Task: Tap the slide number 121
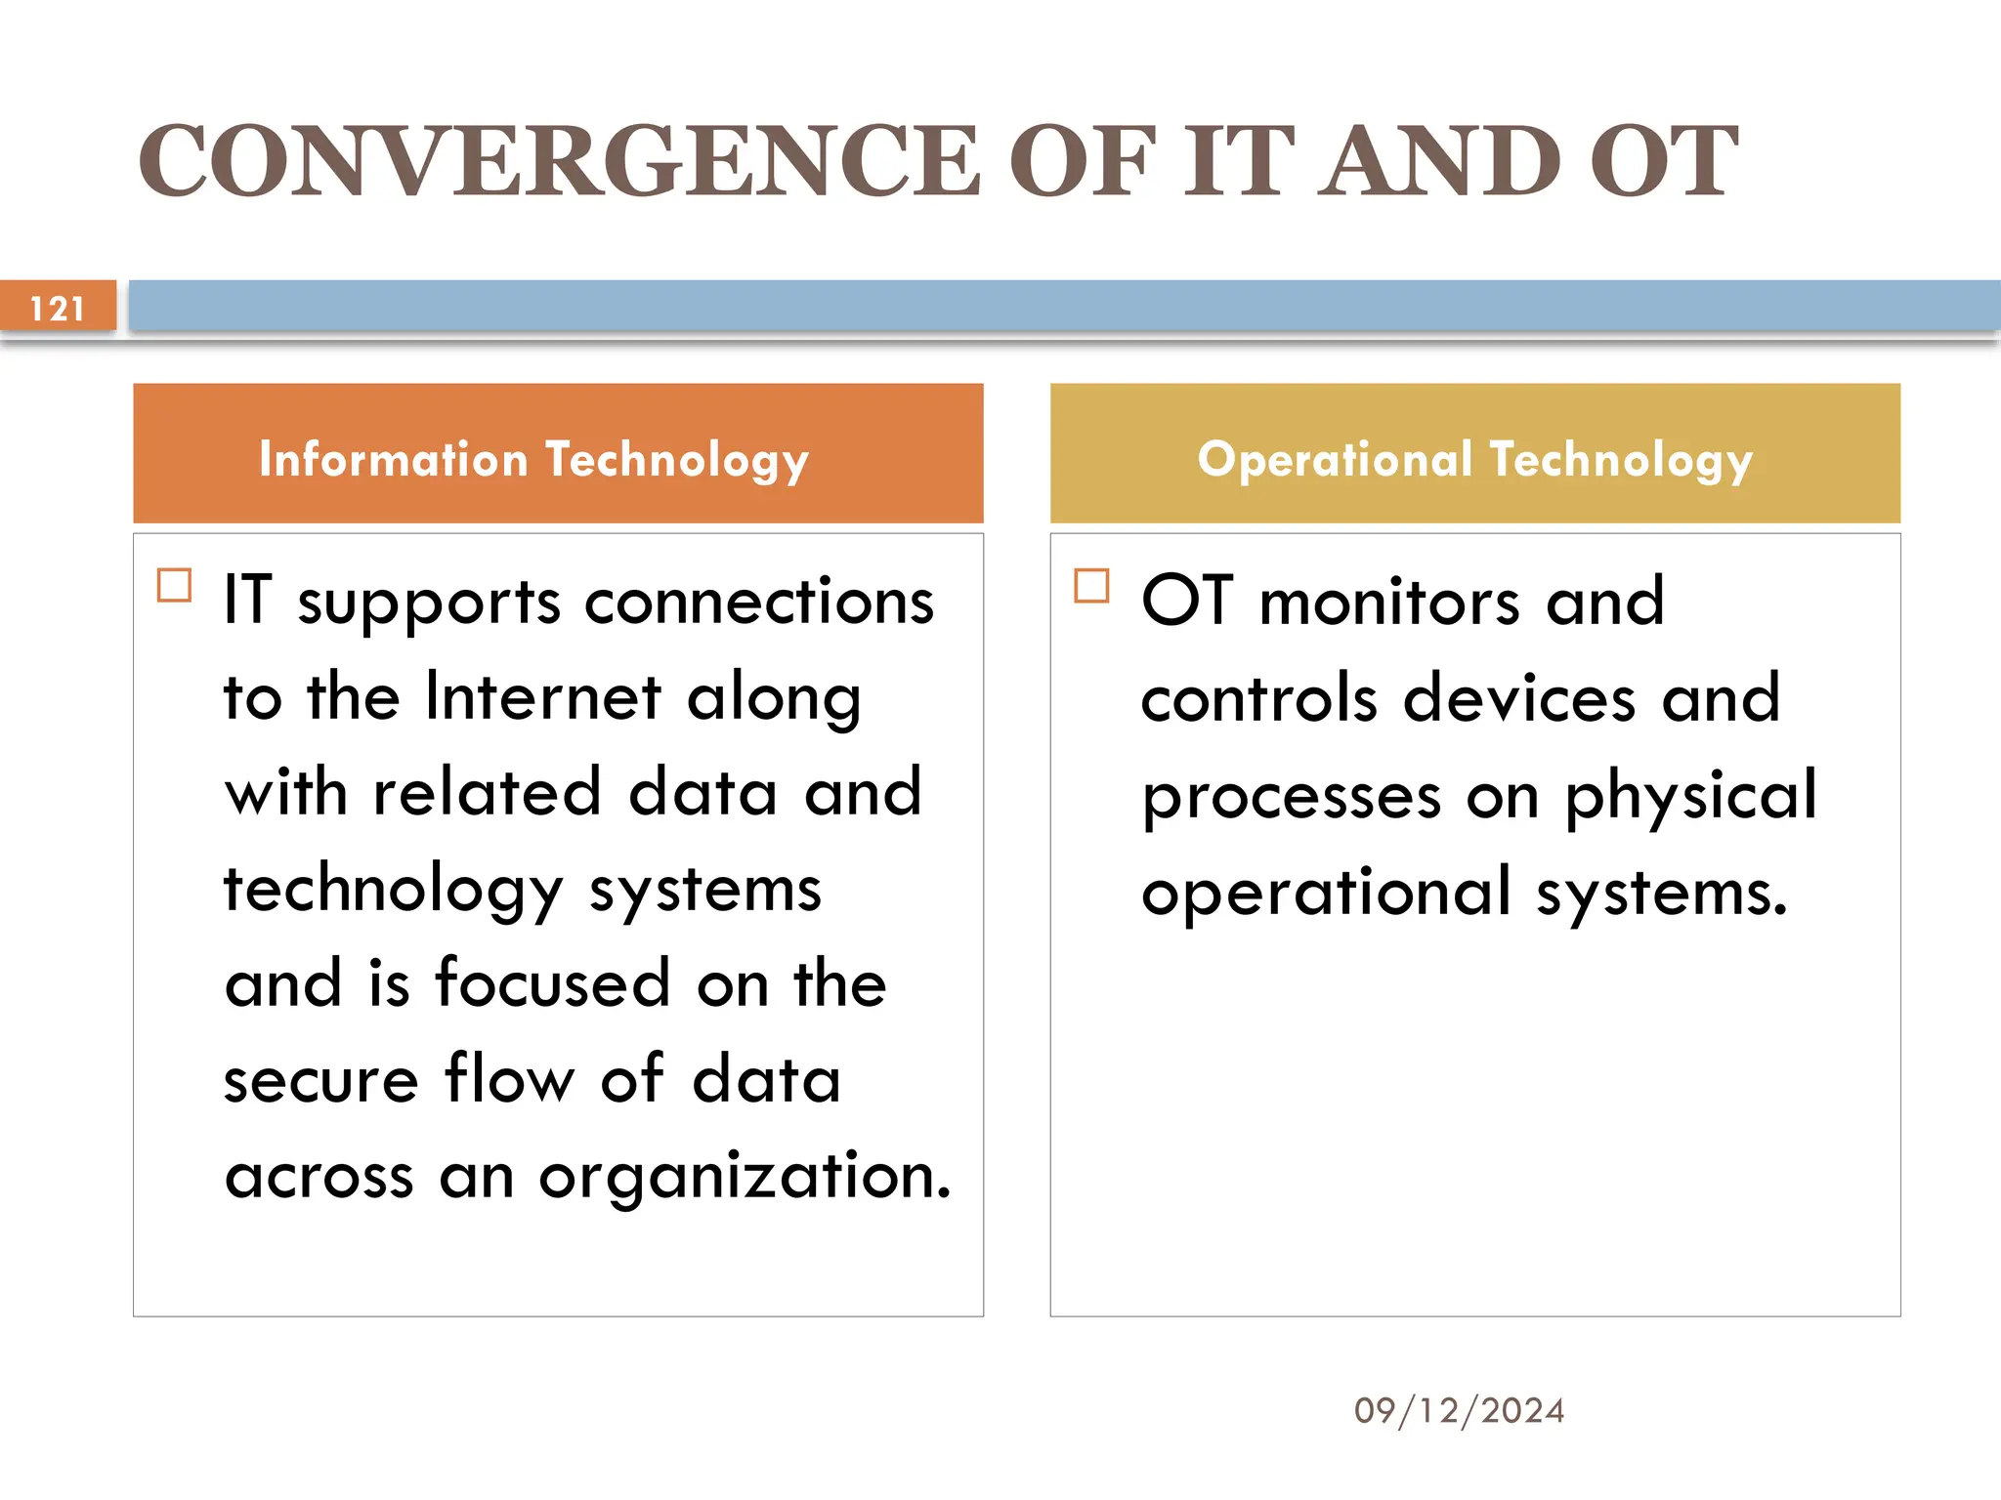click(58, 309)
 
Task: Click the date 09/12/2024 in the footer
click(1459, 1410)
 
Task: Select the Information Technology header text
click(533, 459)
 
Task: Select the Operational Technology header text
click(1474, 459)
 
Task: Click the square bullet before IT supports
click(175, 586)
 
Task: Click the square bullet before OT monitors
click(1091, 586)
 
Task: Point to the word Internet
click(544, 697)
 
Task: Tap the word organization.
click(745, 1176)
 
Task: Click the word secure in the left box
click(321, 1080)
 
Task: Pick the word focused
click(553, 984)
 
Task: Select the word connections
click(759, 602)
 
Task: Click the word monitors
click(1389, 602)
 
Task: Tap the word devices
click(1519, 699)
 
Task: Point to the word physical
click(1691, 797)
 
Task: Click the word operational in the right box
click(1326, 893)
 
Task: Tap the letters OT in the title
click(1662, 161)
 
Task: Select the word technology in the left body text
click(394, 891)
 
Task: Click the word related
click(487, 793)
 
